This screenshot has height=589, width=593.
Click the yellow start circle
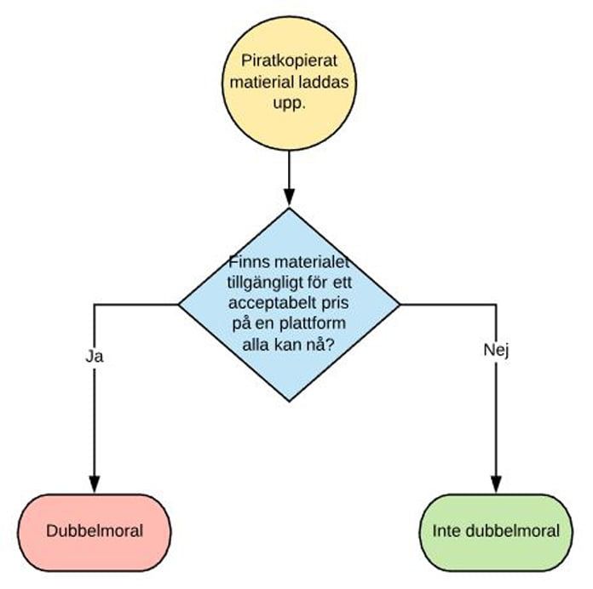coord(290,83)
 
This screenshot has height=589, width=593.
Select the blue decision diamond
coord(290,305)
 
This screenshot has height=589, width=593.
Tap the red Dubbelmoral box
coord(95,532)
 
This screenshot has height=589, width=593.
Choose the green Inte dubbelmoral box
coord(496,532)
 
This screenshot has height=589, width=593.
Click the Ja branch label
coord(95,357)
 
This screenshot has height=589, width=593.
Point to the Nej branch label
coord(496,351)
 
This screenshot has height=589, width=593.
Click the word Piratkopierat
coord(290,60)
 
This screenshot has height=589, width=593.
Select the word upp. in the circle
coord(290,104)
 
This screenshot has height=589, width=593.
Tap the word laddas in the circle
coord(323,82)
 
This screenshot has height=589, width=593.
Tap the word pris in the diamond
coord(335,304)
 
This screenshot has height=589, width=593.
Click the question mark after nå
coord(331,344)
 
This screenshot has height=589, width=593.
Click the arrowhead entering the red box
coord(95,484)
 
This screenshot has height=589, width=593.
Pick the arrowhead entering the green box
coord(496,484)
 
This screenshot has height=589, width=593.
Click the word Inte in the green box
coord(446,531)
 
